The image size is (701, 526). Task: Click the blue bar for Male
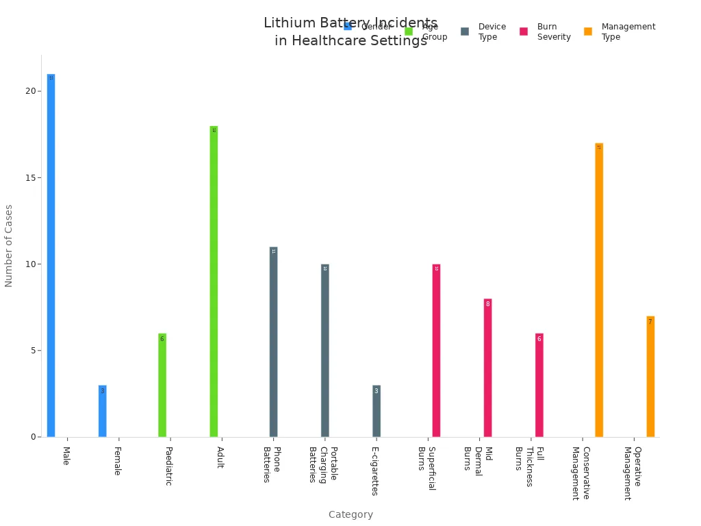(x=51, y=255)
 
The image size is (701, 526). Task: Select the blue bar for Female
(x=102, y=411)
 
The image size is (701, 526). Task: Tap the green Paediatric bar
(x=162, y=385)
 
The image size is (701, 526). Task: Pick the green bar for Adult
(x=214, y=281)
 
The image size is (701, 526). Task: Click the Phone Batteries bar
(x=273, y=342)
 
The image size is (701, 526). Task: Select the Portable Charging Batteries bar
(x=324, y=350)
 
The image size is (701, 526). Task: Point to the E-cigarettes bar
(x=376, y=411)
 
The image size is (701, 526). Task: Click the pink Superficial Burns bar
(x=436, y=350)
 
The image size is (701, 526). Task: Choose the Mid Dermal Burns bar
(x=487, y=368)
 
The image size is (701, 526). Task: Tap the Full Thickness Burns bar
(x=539, y=385)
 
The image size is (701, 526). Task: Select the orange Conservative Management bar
(x=599, y=290)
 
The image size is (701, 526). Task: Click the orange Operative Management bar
(x=650, y=376)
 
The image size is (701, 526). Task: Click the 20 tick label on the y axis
(x=31, y=91)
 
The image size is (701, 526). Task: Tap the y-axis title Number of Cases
(x=9, y=245)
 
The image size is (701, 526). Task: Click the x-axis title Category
(x=350, y=514)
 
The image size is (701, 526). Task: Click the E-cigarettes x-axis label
(x=374, y=471)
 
